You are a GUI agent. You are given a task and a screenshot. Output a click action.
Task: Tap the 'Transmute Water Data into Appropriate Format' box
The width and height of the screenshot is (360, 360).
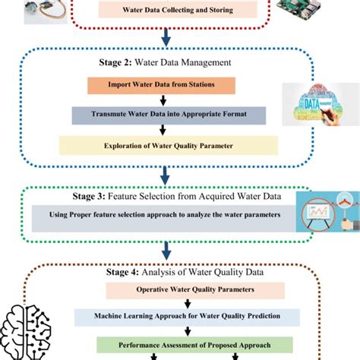tap(169, 115)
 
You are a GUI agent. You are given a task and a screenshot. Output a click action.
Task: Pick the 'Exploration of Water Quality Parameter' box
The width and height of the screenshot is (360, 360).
tap(168, 145)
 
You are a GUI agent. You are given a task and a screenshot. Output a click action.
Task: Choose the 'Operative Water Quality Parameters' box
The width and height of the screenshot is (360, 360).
tap(178, 289)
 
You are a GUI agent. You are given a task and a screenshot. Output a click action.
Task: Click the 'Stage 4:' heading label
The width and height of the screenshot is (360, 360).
tap(130, 270)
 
